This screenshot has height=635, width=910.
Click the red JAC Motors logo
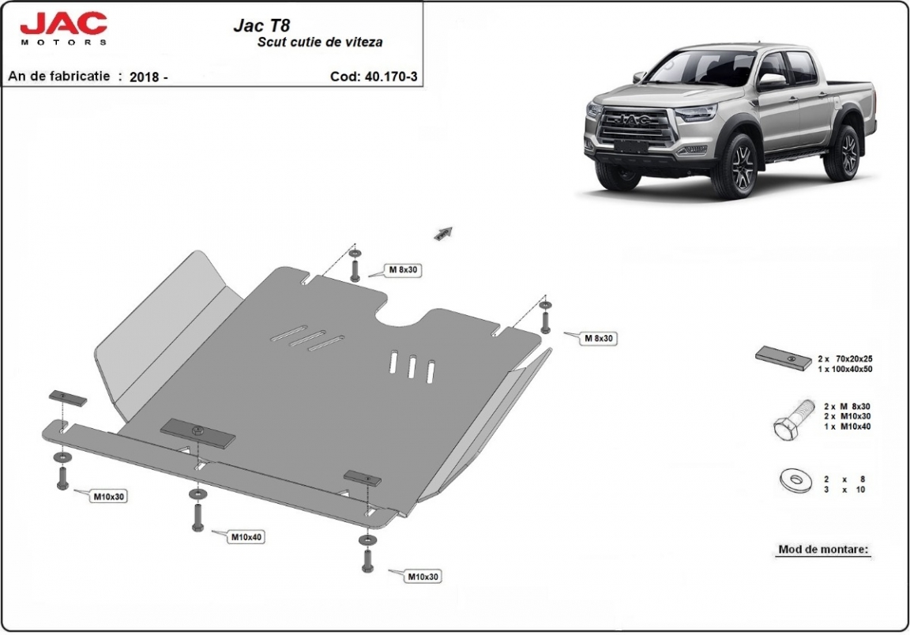(64, 28)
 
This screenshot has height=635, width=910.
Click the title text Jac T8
(261, 25)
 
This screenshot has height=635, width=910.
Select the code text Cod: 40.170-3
(373, 77)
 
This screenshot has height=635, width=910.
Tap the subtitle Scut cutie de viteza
(320, 42)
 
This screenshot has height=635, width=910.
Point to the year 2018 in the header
(144, 77)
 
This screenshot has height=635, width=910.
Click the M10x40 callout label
(247, 538)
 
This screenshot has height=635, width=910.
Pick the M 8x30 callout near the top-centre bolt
(404, 270)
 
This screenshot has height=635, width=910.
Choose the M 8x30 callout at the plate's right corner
(599, 338)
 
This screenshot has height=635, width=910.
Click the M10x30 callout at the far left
(110, 497)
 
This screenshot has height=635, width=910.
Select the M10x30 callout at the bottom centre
(423, 577)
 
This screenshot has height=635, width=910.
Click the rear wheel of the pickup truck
(842, 150)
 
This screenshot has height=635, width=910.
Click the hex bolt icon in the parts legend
(792, 422)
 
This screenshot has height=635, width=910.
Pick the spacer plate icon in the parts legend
(784, 359)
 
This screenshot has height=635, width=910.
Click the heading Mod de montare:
(824, 549)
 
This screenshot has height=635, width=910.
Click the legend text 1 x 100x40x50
(845, 369)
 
